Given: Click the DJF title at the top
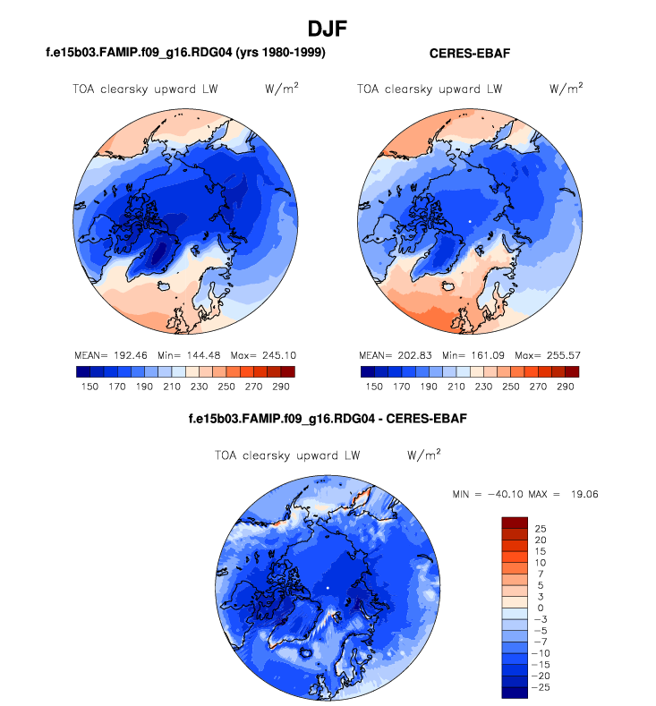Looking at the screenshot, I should click(328, 29).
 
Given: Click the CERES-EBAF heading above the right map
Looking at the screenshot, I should click(470, 55).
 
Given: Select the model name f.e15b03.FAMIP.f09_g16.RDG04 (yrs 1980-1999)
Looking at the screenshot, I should click(184, 54).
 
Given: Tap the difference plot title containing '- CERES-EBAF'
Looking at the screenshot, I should click(328, 418).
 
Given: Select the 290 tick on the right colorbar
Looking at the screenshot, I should click(564, 386).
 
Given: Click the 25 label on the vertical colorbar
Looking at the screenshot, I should click(541, 529).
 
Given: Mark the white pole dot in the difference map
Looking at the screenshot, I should click(328, 587).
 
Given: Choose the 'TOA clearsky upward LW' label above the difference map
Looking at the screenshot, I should click(287, 455).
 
